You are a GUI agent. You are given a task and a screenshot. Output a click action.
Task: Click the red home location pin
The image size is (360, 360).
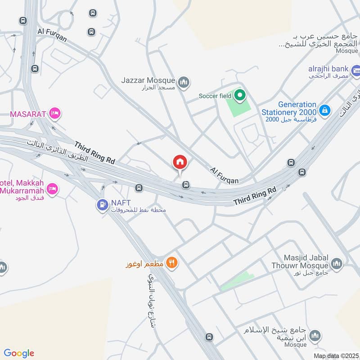(180, 162)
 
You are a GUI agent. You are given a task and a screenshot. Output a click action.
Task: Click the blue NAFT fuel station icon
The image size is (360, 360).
(102, 205)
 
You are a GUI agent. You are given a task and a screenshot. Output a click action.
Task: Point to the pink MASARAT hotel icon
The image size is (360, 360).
(55, 113)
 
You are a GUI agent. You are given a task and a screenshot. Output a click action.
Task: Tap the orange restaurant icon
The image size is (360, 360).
(171, 262)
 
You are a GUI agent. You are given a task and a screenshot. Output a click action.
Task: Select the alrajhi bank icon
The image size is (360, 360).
(356, 70)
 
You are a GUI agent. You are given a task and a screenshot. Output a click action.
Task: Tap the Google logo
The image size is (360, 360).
(19, 353)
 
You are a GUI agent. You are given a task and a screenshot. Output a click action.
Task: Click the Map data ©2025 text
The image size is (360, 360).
(336, 356)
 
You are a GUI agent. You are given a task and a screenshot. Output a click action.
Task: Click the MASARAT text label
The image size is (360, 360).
(28, 114)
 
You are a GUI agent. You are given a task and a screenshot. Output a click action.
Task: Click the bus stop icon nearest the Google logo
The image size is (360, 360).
(208, 337)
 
